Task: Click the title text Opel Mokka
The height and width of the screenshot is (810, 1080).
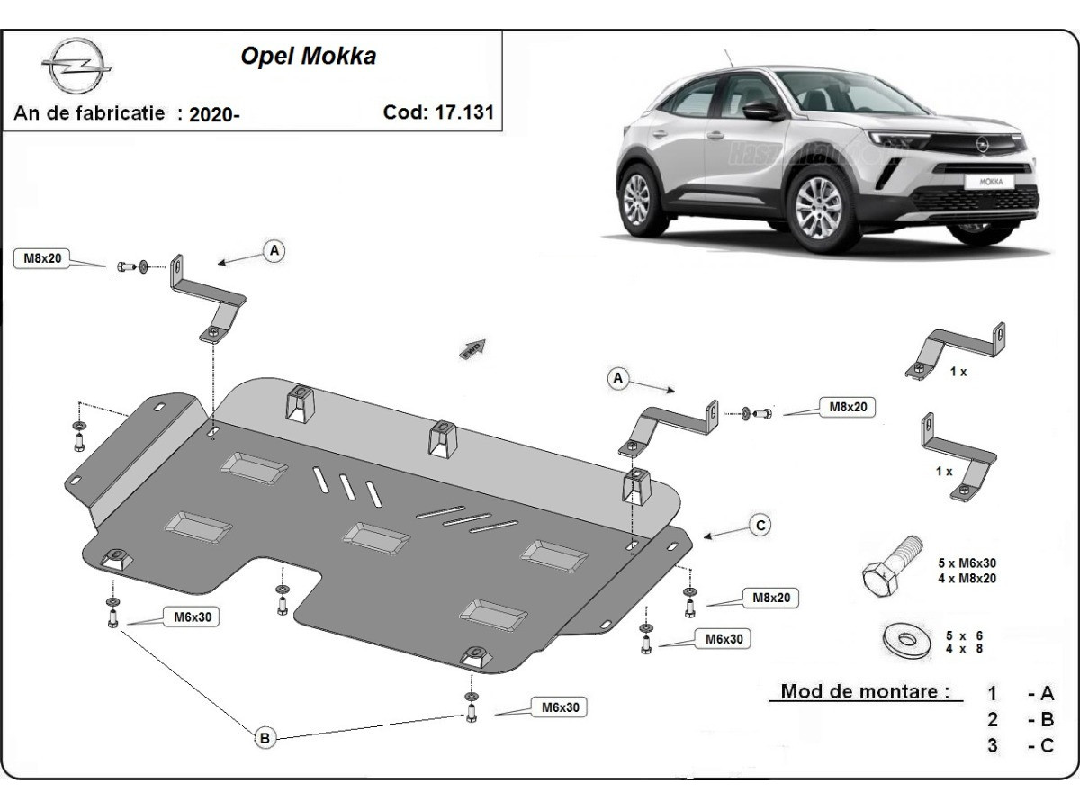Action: coord(308,56)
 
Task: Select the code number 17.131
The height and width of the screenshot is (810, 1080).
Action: coord(465,112)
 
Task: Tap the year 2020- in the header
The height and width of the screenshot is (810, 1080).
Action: coord(214,114)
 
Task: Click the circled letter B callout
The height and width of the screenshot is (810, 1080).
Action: coord(265,738)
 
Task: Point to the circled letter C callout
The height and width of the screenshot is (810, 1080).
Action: coord(760,526)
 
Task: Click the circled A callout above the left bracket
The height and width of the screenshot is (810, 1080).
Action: coord(274,250)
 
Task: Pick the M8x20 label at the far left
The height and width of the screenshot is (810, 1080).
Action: coord(43,259)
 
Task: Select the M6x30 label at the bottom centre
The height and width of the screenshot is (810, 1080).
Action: coord(560,708)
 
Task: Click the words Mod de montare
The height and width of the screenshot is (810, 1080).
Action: coord(865,691)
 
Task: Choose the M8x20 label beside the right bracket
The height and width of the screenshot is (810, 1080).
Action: coord(847,407)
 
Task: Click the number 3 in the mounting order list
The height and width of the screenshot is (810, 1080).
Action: coord(993,745)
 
